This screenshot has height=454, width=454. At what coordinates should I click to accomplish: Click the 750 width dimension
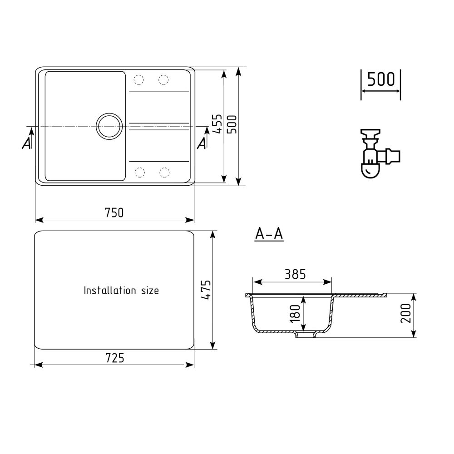tap(114, 212)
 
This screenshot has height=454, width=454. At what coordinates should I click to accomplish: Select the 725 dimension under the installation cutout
tap(114, 358)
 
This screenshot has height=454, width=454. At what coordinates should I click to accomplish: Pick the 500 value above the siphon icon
tap(380, 80)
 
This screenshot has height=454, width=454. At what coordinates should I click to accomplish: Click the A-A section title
tap(269, 234)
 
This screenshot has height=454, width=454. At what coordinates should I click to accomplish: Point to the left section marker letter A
tap(27, 143)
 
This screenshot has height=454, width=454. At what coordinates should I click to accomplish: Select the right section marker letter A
tap(201, 143)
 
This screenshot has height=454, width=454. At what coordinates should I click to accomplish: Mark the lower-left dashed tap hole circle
tap(138, 172)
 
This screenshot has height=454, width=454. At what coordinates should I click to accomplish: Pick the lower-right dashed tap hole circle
tap(163, 172)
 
